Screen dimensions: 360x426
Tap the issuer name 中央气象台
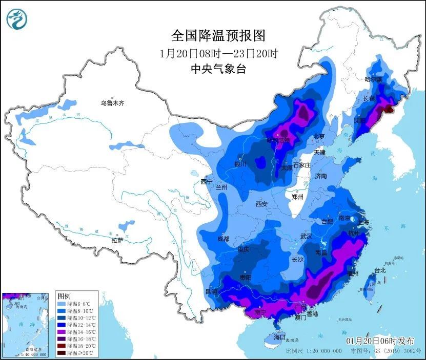click(218, 69)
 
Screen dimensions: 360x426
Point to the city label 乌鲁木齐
click(112, 103)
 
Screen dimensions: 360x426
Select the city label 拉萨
click(117, 240)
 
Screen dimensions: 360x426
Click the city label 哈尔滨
click(374, 79)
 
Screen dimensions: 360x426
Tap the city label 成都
click(223, 239)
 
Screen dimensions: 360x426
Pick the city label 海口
click(279, 337)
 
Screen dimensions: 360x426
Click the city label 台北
click(379, 270)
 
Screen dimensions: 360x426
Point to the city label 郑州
click(297, 197)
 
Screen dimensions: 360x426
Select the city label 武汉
click(306, 237)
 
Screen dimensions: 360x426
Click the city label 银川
click(240, 164)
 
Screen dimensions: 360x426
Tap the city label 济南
click(321, 176)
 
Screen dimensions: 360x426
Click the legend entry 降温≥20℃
click(77, 353)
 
